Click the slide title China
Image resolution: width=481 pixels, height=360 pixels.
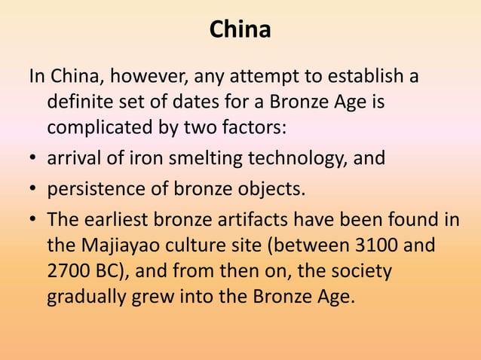240,30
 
